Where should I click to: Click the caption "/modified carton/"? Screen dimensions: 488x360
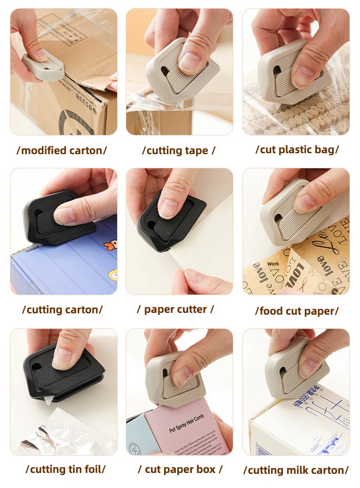tap(62, 151)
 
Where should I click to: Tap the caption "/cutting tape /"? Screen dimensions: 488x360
tap(179, 151)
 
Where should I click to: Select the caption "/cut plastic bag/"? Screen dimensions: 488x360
tap(297, 150)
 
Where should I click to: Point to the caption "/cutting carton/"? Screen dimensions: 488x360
tap(62, 310)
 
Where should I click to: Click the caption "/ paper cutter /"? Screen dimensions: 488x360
tap(175, 309)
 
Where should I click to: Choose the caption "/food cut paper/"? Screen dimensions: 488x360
tap(297, 311)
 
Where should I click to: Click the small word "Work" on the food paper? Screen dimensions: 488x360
tap(273, 264)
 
